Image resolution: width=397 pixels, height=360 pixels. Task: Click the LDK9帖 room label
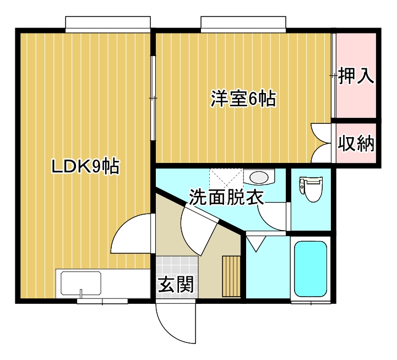(85, 166)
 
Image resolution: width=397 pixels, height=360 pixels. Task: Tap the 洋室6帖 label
(243, 99)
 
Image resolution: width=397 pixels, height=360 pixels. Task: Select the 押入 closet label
(356, 75)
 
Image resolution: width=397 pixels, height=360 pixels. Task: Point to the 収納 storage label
(356, 143)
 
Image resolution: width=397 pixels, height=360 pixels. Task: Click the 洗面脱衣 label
(227, 197)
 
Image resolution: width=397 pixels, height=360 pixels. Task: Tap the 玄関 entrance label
(176, 284)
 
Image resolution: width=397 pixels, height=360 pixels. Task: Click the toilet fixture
(311, 189)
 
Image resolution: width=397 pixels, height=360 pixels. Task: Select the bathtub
(311, 269)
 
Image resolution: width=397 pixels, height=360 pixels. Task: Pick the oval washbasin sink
(259, 177)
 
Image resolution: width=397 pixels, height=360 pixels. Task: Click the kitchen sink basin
(81, 283)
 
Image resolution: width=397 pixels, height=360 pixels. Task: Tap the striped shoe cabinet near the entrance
(231, 276)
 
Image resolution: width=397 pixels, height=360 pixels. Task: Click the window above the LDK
(108, 25)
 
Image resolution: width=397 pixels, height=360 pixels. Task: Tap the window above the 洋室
(243, 25)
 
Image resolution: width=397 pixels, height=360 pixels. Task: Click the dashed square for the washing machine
(226, 178)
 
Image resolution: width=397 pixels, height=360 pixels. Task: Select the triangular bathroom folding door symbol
(256, 243)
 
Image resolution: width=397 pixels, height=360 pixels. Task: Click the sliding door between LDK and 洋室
(153, 98)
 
